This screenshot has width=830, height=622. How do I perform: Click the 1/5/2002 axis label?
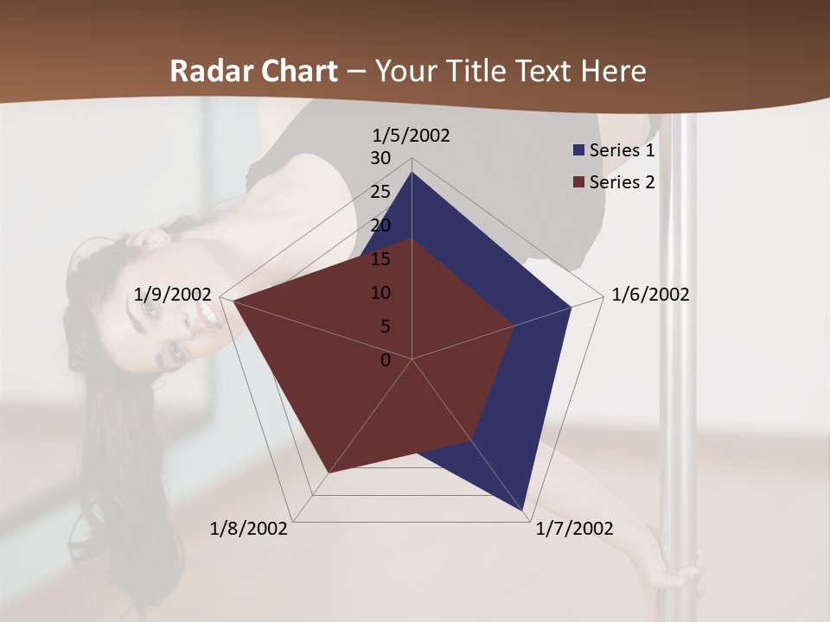pos(412,136)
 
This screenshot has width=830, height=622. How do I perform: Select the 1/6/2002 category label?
pos(650,295)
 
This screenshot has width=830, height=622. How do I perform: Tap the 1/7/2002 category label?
pos(574,529)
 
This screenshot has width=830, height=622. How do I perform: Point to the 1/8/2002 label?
pos(249,529)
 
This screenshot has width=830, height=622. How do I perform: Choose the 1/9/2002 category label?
pos(173,295)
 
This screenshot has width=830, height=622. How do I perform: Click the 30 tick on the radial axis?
pos(380,158)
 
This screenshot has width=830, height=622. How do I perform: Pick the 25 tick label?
pos(380,192)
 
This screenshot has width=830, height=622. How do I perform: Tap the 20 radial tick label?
pos(380,225)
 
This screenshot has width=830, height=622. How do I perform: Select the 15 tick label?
pos(380,259)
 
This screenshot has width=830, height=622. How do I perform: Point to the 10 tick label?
pos(380,293)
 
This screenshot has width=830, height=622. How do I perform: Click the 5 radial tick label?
pos(386,327)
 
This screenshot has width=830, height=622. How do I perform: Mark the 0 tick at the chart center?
pos(386,360)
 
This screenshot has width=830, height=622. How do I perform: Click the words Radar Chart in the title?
pos(253,71)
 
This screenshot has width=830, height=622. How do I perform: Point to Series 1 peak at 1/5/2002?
pos(412,174)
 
